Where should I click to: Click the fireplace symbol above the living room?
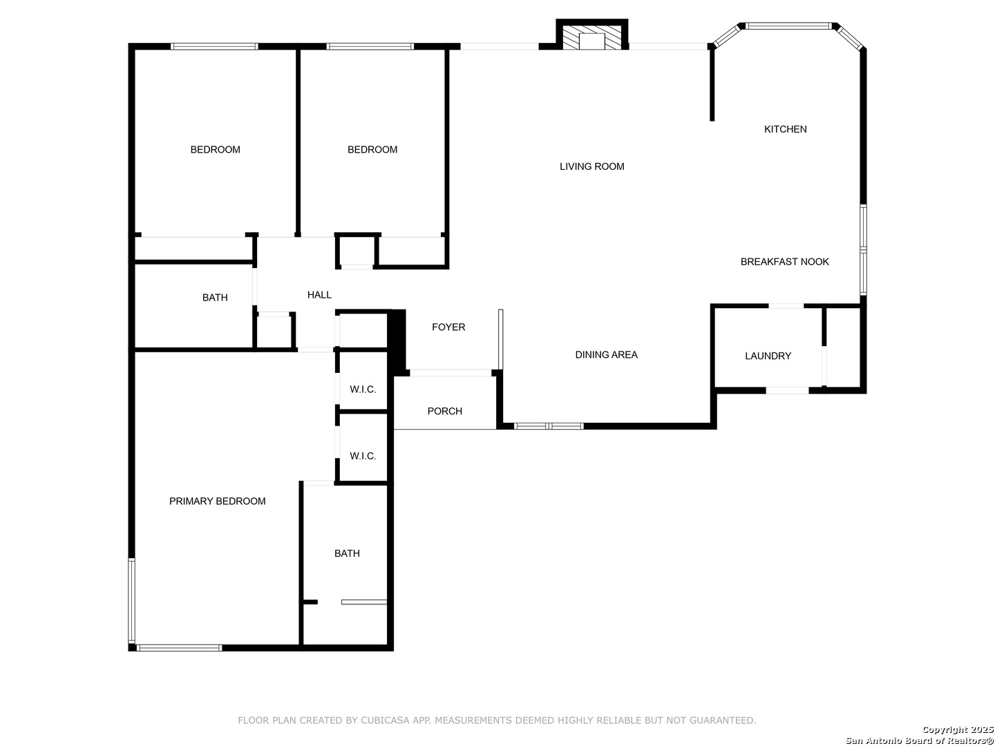(x=591, y=35)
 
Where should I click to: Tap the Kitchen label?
(x=785, y=130)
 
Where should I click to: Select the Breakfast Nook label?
(x=784, y=262)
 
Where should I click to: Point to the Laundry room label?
(x=768, y=356)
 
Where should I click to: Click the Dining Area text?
(x=606, y=354)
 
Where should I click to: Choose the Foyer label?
(x=448, y=327)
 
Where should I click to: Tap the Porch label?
(x=445, y=411)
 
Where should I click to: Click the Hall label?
(x=319, y=295)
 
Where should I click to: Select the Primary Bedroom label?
(x=217, y=501)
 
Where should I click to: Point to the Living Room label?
(x=591, y=166)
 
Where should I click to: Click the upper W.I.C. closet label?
(x=363, y=389)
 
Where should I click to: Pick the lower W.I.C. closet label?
(x=363, y=456)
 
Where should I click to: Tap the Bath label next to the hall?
(x=215, y=298)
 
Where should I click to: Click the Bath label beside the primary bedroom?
(x=347, y=553)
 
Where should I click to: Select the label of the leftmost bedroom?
(x=215, y=149)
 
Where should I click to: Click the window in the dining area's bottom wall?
(x=549, y=425)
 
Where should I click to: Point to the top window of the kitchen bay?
(x=788, y=26)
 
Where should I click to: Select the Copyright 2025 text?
(x=958, y=729)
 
